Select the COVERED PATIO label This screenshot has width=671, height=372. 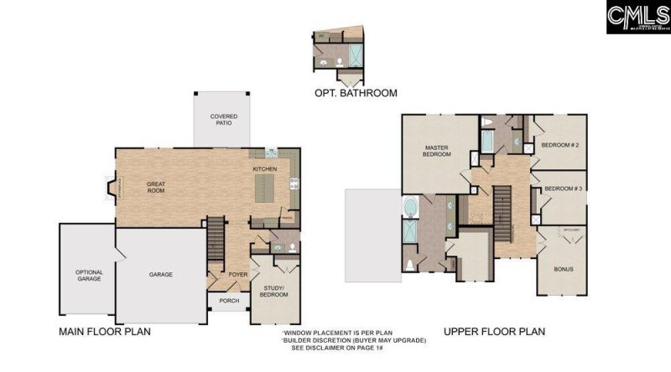pyautogui.click(x=221, y=120)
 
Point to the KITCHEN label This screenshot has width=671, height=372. pyautogui.click(x=265, y=169)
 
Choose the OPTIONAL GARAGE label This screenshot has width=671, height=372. pyautogui.click(x=89, y=276)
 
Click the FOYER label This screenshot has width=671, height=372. pyautogui.click(x=238, y=274)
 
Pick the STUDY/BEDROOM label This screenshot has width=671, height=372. pyautogui.click(x=272, y=292)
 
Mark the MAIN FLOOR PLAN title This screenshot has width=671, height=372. pyautogui.click(x=105, y=332)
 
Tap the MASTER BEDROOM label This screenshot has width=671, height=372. pyautogui.click(x=436, y=151)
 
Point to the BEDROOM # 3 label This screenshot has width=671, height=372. pyautogui.click(x=563, y=189)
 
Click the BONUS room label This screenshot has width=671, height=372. pyautogui.click(x=562, y=271)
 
